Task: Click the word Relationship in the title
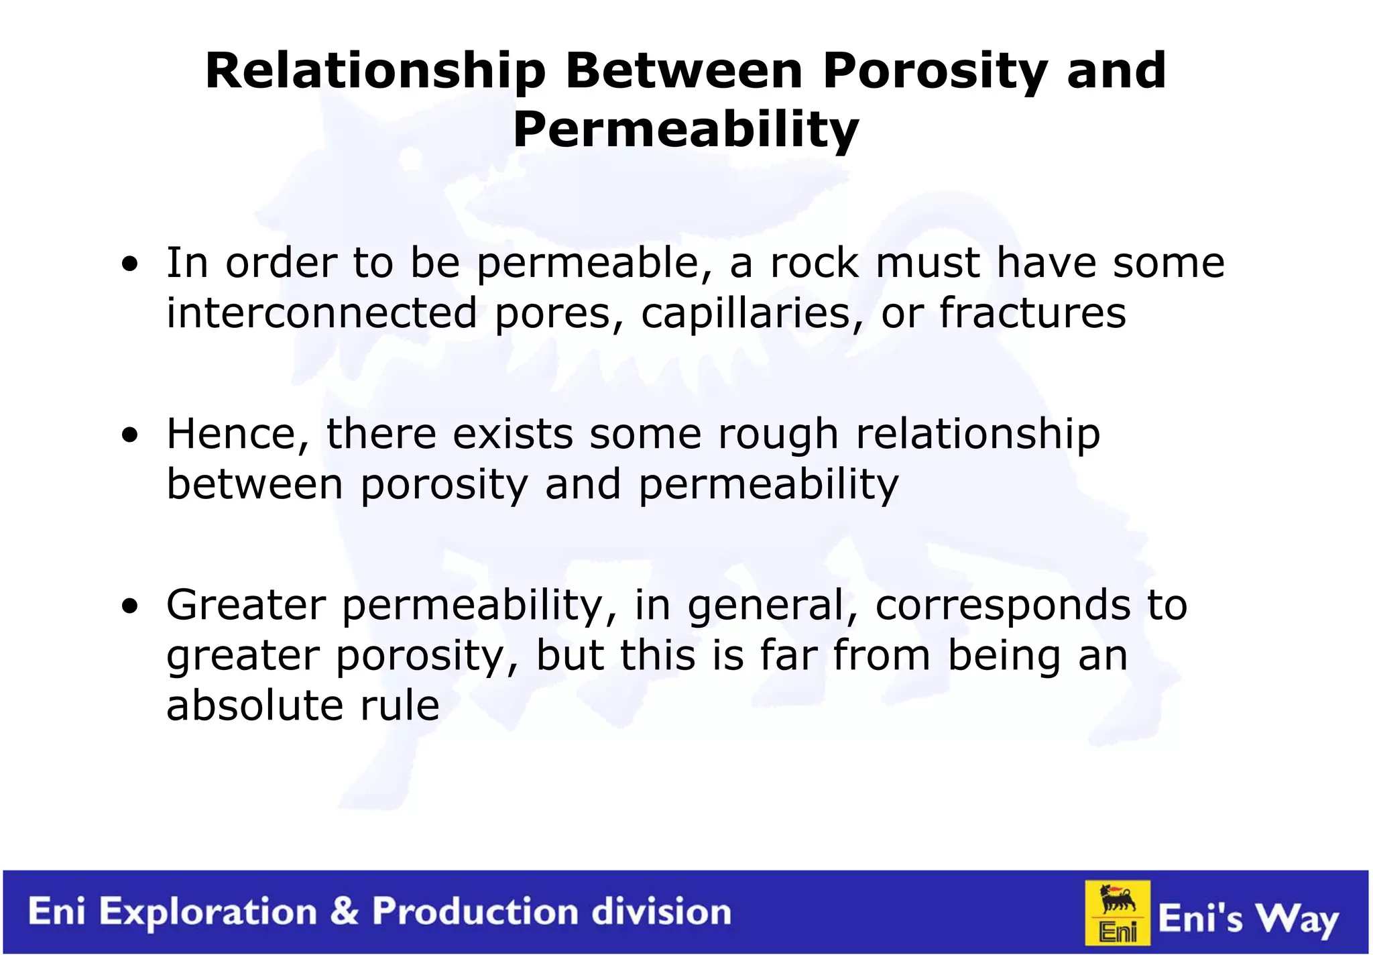point(375,71)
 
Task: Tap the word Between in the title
point(684,71)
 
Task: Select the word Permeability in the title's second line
point(686,130)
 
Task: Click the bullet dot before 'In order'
point(130,264)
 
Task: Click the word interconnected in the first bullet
point(322,313)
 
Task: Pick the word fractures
point(1032,313)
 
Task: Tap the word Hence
point(238,434)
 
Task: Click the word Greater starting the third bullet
point(246,605)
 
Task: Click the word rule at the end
point(400,706)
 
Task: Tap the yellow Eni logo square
point(1118,913)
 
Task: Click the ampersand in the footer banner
point(345,911)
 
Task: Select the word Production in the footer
point(475,911)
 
